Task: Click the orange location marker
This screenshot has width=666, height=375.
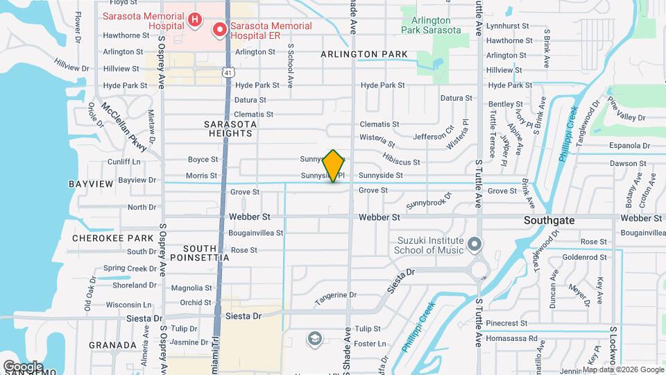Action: [334, 165]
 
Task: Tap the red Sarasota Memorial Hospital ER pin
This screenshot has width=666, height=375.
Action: [220, 29]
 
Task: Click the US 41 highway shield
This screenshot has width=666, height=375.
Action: [228, 71]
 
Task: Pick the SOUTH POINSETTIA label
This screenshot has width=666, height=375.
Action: [207, 252]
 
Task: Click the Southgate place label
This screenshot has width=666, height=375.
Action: [549, 220]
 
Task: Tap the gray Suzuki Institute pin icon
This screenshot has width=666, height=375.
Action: [475, 244]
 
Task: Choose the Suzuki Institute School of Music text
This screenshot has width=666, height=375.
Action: [430, 244]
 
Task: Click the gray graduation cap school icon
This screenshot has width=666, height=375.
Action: [314, 338]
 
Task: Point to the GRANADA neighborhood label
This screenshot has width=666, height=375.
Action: [113, 345]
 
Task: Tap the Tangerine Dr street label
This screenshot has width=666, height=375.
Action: [335, 296]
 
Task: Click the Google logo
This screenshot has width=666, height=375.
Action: [23, 366]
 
